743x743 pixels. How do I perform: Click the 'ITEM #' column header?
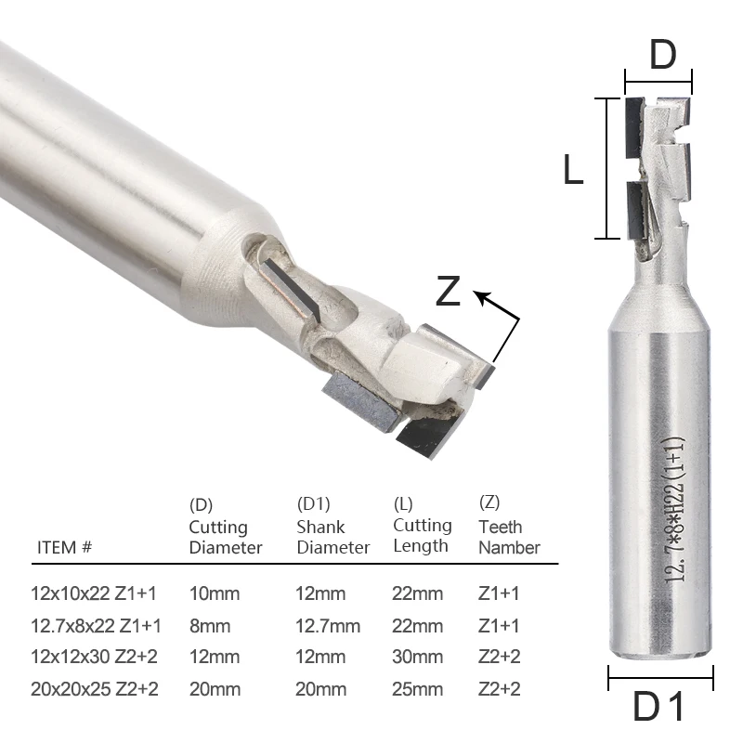point(65,547)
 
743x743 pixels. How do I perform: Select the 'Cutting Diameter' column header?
point(226,537)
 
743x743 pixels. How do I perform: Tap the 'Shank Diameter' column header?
point(333,537)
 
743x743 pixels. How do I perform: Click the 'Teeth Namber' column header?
point(509,537)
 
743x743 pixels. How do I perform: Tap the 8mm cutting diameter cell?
point(210,625)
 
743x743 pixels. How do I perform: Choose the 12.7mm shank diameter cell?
point(329,625)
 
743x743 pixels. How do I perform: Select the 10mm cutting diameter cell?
point(215,593)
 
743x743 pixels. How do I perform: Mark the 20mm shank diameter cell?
point(322,688)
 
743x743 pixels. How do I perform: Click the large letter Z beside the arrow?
point(449,292)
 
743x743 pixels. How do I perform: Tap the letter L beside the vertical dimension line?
point(573,171)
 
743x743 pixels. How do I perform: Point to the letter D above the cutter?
point(662,56)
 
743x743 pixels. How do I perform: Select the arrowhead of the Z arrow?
point(480,297)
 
